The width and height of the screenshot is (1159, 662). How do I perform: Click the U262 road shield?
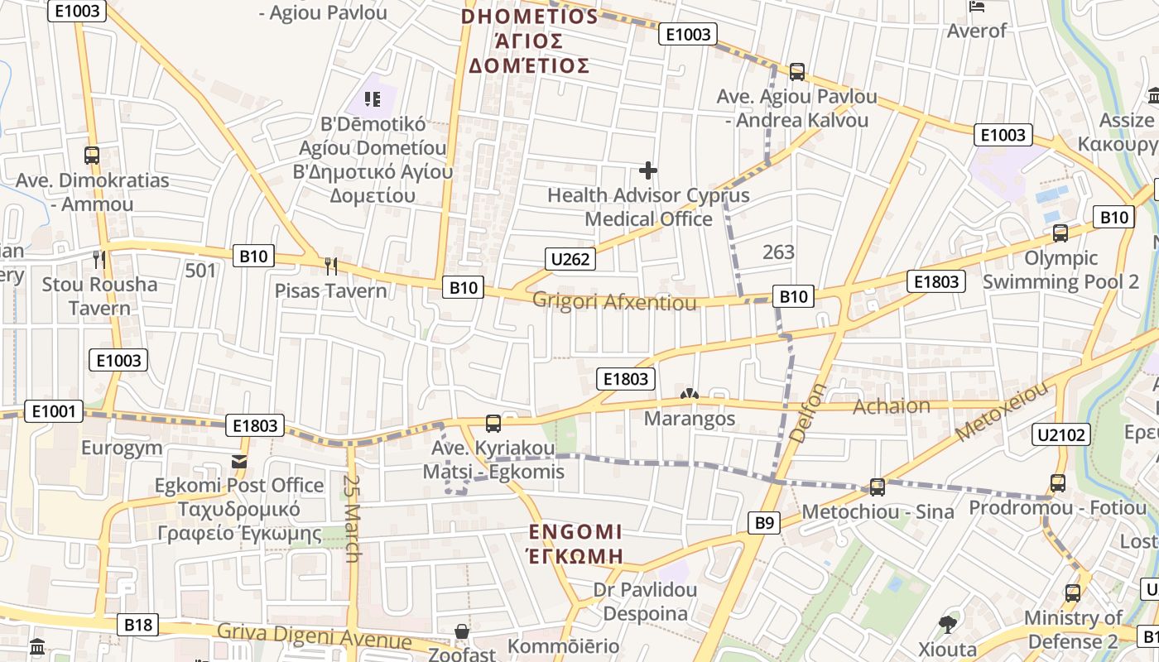coord(570,259)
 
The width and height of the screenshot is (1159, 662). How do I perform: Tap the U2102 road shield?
coord(1060,434)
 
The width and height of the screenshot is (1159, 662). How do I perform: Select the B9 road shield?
coord(765,522)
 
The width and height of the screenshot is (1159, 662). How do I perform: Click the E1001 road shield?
coord(55,411)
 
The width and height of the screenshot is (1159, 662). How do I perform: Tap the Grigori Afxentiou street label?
coord(614,301)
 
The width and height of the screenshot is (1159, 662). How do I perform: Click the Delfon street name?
coord(808,411)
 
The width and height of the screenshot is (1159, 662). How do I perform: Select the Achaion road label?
coord(892,406)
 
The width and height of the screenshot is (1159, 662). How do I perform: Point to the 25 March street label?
coord(353,518)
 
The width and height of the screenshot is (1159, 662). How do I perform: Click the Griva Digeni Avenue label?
coord(314,637)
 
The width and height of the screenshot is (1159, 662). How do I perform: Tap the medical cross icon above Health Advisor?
coord(648,171)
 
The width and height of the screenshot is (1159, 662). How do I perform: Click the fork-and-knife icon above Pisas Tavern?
coord(331,266)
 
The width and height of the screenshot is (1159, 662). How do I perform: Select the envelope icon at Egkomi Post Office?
coord(239,462)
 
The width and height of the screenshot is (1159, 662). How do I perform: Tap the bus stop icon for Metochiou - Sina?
coord(878,487)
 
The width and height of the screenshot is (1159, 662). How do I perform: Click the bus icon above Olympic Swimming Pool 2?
coord(1060,233)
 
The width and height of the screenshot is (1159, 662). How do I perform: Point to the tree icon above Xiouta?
coord(948,624)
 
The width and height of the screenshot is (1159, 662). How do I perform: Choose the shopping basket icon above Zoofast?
coord(462,632)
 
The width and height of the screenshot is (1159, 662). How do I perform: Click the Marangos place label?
coord(690,419)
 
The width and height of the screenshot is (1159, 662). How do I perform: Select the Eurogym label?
coord(122,449)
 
